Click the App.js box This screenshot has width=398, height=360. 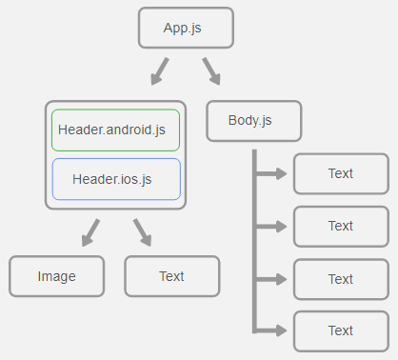click(x=183, y=28)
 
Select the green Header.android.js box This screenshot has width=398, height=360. click(x=115, y=130)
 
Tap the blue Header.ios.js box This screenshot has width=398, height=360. click(x=115, y=178)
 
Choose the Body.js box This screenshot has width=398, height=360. click(x=252, y=120)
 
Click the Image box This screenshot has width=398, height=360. click(x=56, y=276)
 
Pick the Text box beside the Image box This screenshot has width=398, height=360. click(x=171, y=276)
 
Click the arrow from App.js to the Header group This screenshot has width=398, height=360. click(x=158, y=71)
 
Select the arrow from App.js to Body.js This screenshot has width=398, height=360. click(x=210, y=71)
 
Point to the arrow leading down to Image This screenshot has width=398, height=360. click(x=90, y=231)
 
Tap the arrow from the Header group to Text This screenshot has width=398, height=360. click(x=142, y=231)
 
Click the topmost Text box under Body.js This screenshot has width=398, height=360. click(x=340, y=173)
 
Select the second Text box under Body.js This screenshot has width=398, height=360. click(x=340, y=226)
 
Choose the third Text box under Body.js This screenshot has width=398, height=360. click(x=340, y=279)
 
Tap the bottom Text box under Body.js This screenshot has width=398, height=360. click(x=340, y=330)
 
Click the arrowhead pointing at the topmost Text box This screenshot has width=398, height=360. click(x=282, y=174)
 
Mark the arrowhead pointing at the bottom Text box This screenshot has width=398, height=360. click(x=282, y=330)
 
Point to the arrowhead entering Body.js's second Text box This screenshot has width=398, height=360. click(x=282, y=227)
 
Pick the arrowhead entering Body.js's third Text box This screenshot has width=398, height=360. click(x=282, y=280)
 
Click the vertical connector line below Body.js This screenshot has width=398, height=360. click(x=254, y=248)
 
